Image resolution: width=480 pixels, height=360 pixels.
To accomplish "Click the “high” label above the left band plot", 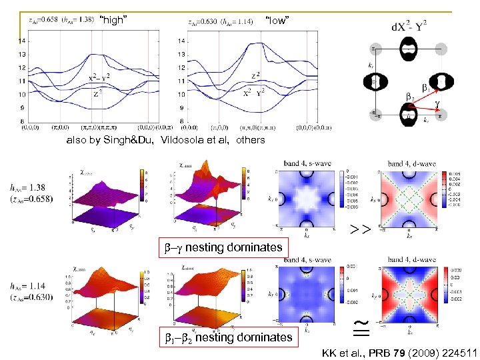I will click(x=113, y=21).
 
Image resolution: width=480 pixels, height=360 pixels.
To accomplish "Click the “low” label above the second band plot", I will click(x=277, y=21).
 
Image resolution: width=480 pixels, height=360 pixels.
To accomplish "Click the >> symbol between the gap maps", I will click(x=361, y=230).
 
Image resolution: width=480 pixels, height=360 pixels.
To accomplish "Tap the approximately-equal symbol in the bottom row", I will click(x=360, y=327).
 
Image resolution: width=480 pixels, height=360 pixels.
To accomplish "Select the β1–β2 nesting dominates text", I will click(x=229, y=337).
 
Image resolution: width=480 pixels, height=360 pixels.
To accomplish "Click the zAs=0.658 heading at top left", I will click(x=43, y=21).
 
